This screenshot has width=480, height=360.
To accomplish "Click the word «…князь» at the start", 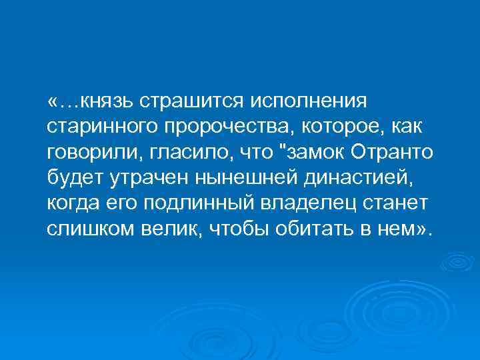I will (91, 103).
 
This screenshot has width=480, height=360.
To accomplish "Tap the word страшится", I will (192, 103).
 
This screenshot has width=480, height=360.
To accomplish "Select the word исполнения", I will (309, 103).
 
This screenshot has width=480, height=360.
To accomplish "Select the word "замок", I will (317, 153).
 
